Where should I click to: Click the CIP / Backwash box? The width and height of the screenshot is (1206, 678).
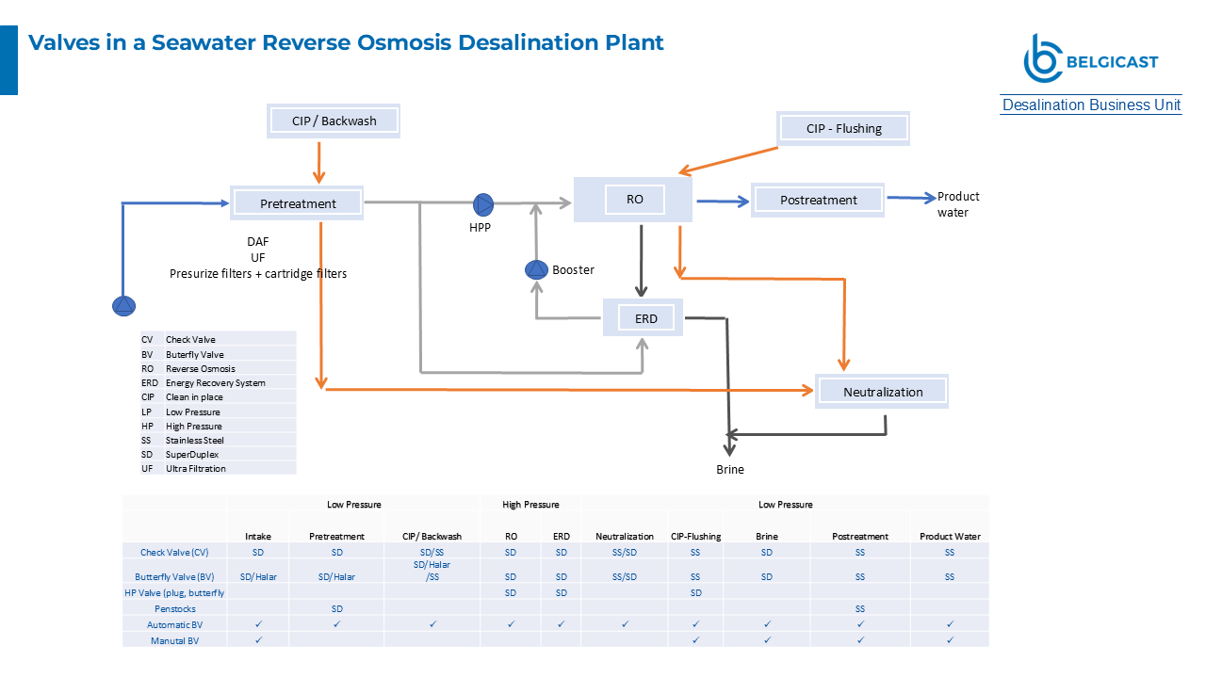pyautogui.click(x=334, y=121)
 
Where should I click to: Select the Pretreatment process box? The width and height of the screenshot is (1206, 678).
pyautogui.click(x=298, y=203)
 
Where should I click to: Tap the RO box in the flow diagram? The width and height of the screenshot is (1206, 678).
pyautogui.click(x=634, y=200)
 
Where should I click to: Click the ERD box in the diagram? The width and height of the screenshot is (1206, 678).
pyautogui.click(x=645, y=318)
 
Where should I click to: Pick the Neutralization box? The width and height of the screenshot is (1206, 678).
pyautogui.click(x=882, y=392)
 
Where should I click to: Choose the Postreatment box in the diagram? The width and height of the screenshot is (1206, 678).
pyautogui.click(x=818, y=200)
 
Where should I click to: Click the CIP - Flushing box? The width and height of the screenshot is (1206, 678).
pyautogui.click(x=843, y=128)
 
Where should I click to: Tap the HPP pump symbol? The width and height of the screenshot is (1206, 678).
pyautogui.click(x=483, y=204)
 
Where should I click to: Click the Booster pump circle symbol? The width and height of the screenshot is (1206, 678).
pyautogui.click(x=536, y=270)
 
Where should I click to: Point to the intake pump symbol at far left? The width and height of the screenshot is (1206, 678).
pyautogui.click(x=124, y=305)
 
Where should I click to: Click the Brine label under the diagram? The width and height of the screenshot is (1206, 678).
pyautogui.click(x=729, y=469)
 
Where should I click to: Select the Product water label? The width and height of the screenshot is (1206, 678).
pyautogui.click(x=957, y=204)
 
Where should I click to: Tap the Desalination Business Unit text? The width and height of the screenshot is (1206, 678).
pyautogui.click(x=1091, y=105)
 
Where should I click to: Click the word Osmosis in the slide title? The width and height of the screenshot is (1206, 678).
pyautogui.click(x=409, y=42)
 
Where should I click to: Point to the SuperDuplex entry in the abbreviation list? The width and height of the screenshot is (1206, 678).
pyautogui.click(x=192, y=454)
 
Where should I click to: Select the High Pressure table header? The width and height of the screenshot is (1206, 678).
pyautogui.click(x=530, y=505)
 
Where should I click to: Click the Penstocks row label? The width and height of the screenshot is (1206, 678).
pyautogui.click(x=174, y=608)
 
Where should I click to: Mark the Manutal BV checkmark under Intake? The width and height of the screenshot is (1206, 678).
pyautogui.click(x=258, y=639)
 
